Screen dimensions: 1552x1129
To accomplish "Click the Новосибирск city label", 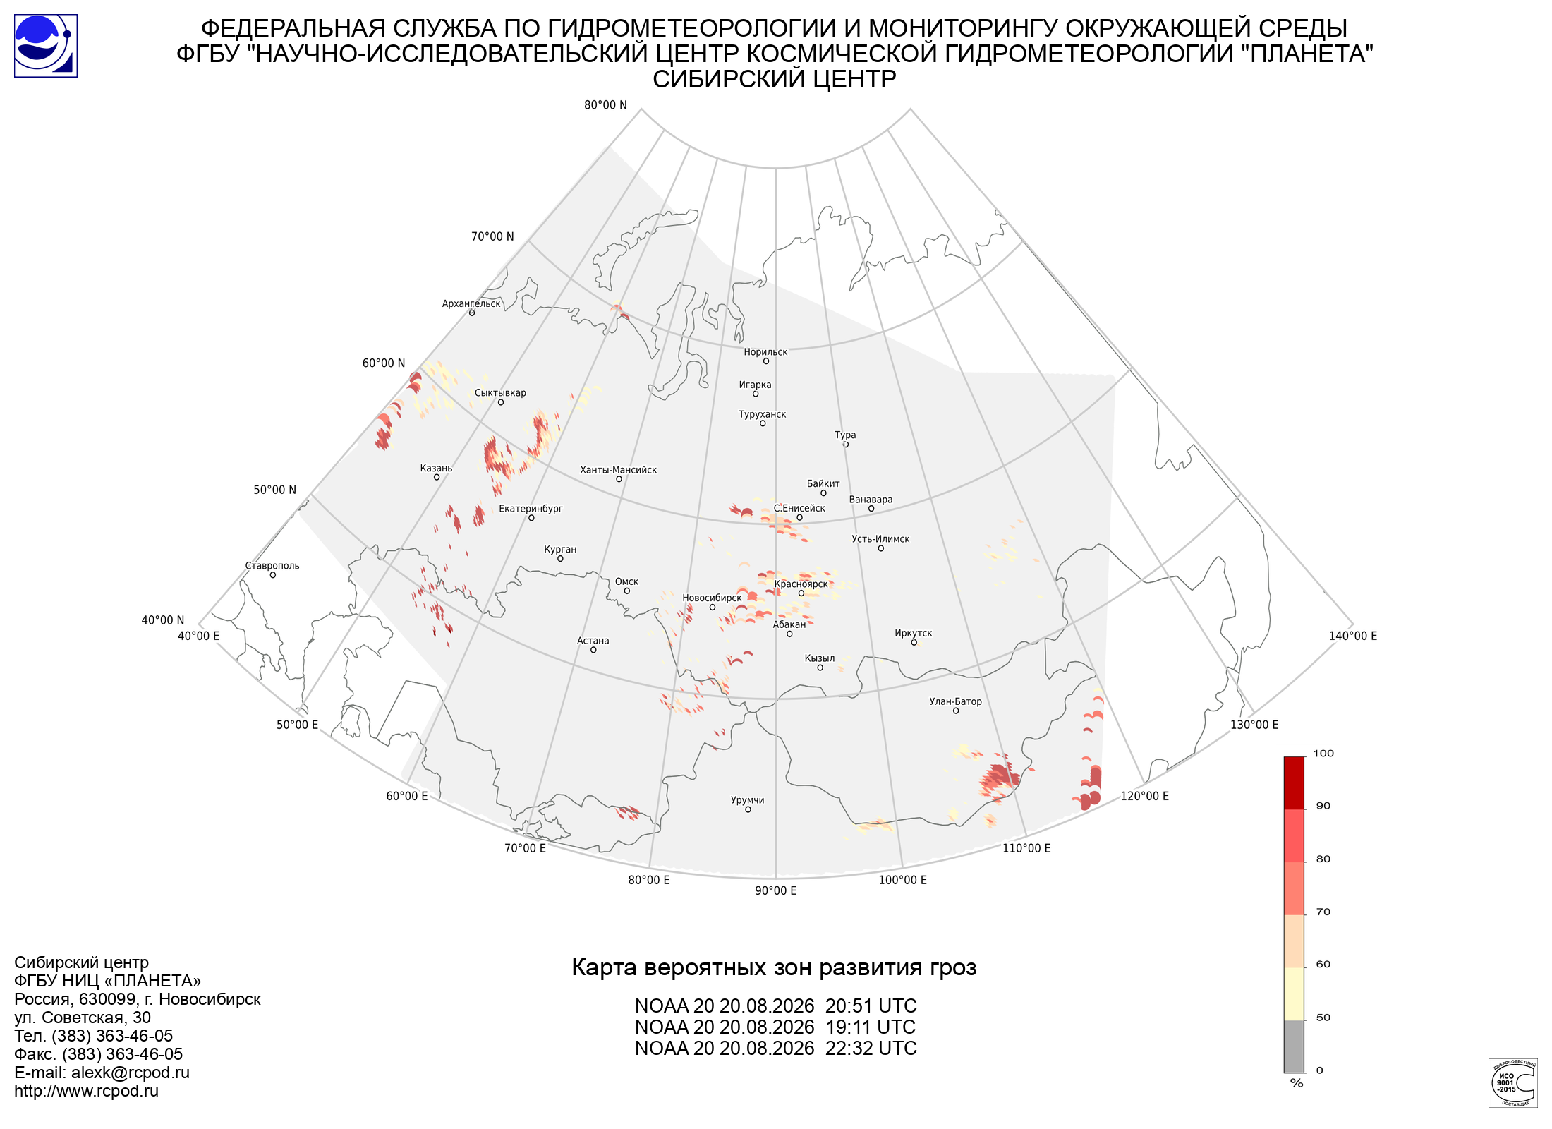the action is pyautogui.click(x=712, y=598).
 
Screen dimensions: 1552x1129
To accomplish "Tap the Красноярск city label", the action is pyautogui.click(x=801, y=584).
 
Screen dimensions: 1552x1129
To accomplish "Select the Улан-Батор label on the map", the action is pyautogui.click(x=955, y=701).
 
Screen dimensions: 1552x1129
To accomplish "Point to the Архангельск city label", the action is pyautogui.click(x=471, y=304).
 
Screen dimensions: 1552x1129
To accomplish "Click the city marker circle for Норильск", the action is pyautogui.click(x=765, y=361).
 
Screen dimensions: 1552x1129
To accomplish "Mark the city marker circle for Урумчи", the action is pyautogui.click(x=748, y=809).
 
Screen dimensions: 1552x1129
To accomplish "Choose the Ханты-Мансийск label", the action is pyautogui.click(x=618, y=470).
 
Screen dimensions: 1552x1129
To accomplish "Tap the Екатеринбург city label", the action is pyautogui.click(x=531, y=509).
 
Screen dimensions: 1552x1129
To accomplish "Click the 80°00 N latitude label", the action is pyautogui.click(x=605, y=105).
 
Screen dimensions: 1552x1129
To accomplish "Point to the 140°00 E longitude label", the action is pyautogui.click(x=1353, y=636).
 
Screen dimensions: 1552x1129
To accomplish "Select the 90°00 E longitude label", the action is pyautogui.click(x=776, y=890).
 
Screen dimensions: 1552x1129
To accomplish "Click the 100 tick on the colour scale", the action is pyautogui.click(x=1323, y=754).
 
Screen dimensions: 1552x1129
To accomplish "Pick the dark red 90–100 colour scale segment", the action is pyautogui.click(x=1294, y=783).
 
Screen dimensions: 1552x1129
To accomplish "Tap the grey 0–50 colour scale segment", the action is pyautogui.click(x=1294, y=1046).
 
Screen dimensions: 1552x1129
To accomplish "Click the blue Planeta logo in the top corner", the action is pyautogui.click(x=46, y=46).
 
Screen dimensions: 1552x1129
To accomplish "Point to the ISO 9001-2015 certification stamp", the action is pyautogui.click(x=1512, y=1083).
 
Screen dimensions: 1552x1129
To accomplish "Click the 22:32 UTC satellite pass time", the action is pyautogui.click(x=871, y=1049).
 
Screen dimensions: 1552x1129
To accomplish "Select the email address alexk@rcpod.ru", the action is pyautogui.click(x=131, y=1073).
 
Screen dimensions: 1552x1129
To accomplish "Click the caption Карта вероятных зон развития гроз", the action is pyautogui.click(x=774, y=967).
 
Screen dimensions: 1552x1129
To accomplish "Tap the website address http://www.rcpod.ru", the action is pyautogui.click(x=86, y=1091).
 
